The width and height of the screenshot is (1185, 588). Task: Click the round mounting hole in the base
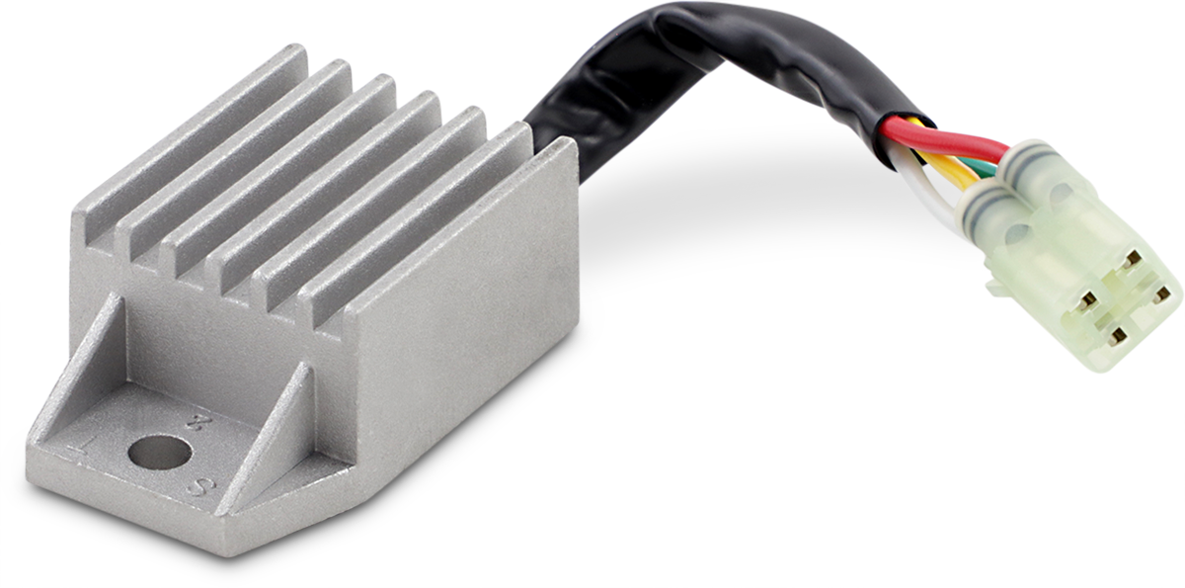point(159,453)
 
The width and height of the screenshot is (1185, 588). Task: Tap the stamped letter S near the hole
point(197,485)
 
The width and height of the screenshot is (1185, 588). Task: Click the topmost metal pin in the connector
point(1132,259)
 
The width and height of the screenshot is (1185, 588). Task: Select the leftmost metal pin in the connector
point(1087,298)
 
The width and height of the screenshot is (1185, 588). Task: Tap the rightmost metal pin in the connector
point(1163,294)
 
